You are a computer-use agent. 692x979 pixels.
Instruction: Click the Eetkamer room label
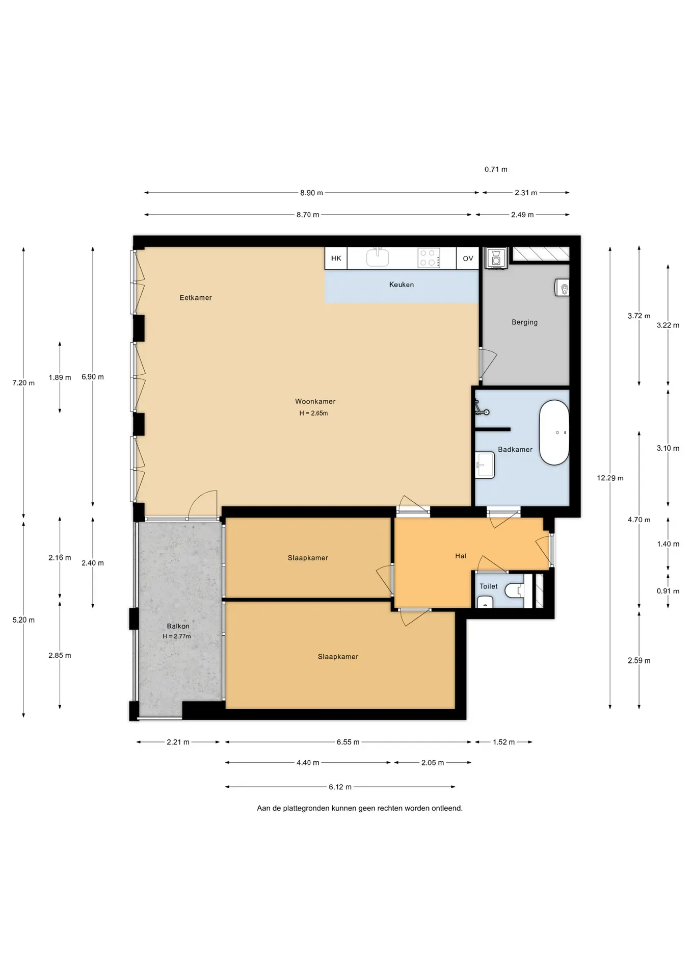[x=195, y=298]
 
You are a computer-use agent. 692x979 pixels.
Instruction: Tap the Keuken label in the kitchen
[x=402, y=285]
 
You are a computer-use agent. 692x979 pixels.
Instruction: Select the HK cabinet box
[x=336, y=259]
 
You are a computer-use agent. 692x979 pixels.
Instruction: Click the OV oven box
[x=468, y=259]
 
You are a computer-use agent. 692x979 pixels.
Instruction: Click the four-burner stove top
[x=428, y=258]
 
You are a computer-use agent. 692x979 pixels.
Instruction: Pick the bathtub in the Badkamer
[x=554, y=433]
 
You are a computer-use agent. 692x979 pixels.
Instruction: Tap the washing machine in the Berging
[x=496, y=258]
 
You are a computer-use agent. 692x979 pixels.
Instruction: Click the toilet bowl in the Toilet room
[x=515, y=590]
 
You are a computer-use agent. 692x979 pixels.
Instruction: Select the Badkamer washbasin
[x=485, y=465]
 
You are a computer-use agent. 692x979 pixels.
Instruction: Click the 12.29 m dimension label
[x=610, y=478]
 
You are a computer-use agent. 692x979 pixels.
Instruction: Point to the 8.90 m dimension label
[x=311, y=193]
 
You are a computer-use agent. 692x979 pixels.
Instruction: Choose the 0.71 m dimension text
[x=496, y=169]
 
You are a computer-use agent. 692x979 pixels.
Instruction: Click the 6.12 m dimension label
[x=340, y=787]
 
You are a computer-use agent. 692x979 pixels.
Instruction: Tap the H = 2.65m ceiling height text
[x=313, y=413]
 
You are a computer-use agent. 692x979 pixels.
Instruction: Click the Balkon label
[x=178, y=626]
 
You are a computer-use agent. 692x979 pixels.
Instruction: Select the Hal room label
[x=461, y=556]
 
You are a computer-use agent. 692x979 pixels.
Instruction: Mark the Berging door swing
[x=488, y=363]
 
